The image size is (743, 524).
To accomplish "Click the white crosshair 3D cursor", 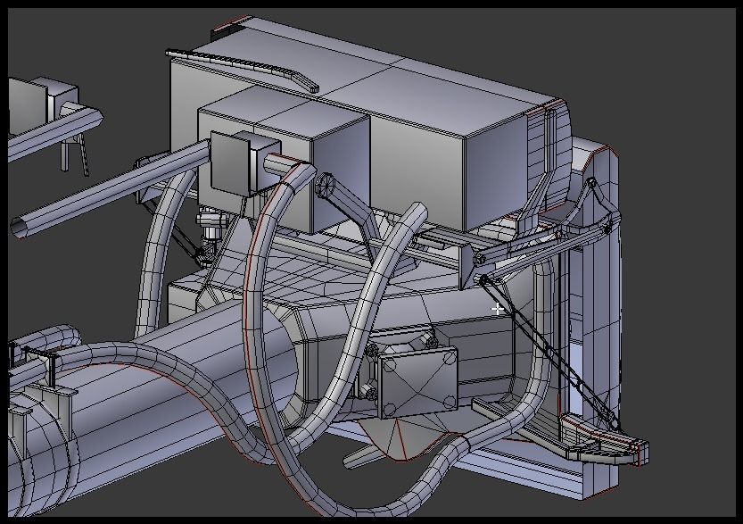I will (498, 309).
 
